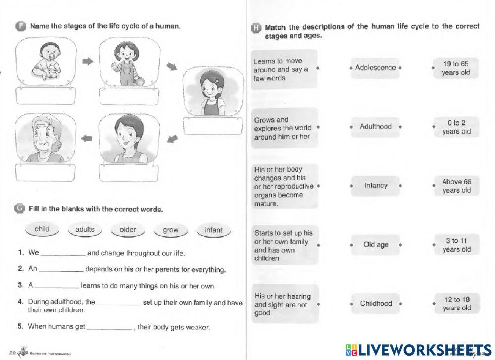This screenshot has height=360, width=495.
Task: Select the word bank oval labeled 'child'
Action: click(42, 230)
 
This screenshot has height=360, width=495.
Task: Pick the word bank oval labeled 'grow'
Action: click(170, 230)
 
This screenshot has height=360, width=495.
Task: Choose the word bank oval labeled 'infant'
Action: click(213, 230)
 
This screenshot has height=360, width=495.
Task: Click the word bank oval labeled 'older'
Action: click(127, 230)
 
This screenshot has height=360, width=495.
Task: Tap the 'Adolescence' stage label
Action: click(376, 68)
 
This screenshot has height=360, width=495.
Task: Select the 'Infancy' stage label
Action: click(376, 186)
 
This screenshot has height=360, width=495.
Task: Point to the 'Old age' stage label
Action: click(376, 245)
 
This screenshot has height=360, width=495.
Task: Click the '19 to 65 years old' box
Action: click(456, 68)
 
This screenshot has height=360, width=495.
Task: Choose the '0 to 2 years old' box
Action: click(456, 127)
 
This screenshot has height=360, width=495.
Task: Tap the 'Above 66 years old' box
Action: click(456, 186)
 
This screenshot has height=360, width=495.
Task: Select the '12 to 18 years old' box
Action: click(456, 304)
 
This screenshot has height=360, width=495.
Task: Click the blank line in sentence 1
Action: click(63, 254)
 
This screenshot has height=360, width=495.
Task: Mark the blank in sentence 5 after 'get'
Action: click(109, 328)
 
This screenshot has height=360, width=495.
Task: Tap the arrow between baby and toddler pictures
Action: click(88, 61)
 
